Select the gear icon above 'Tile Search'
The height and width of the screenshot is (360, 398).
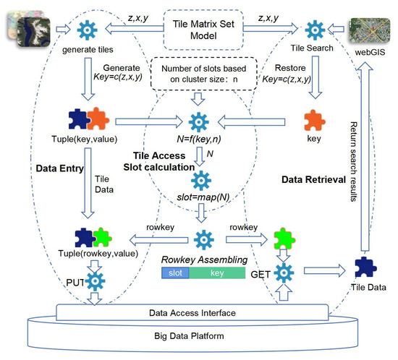point(314,31)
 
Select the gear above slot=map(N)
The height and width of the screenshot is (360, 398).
point(198,177)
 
